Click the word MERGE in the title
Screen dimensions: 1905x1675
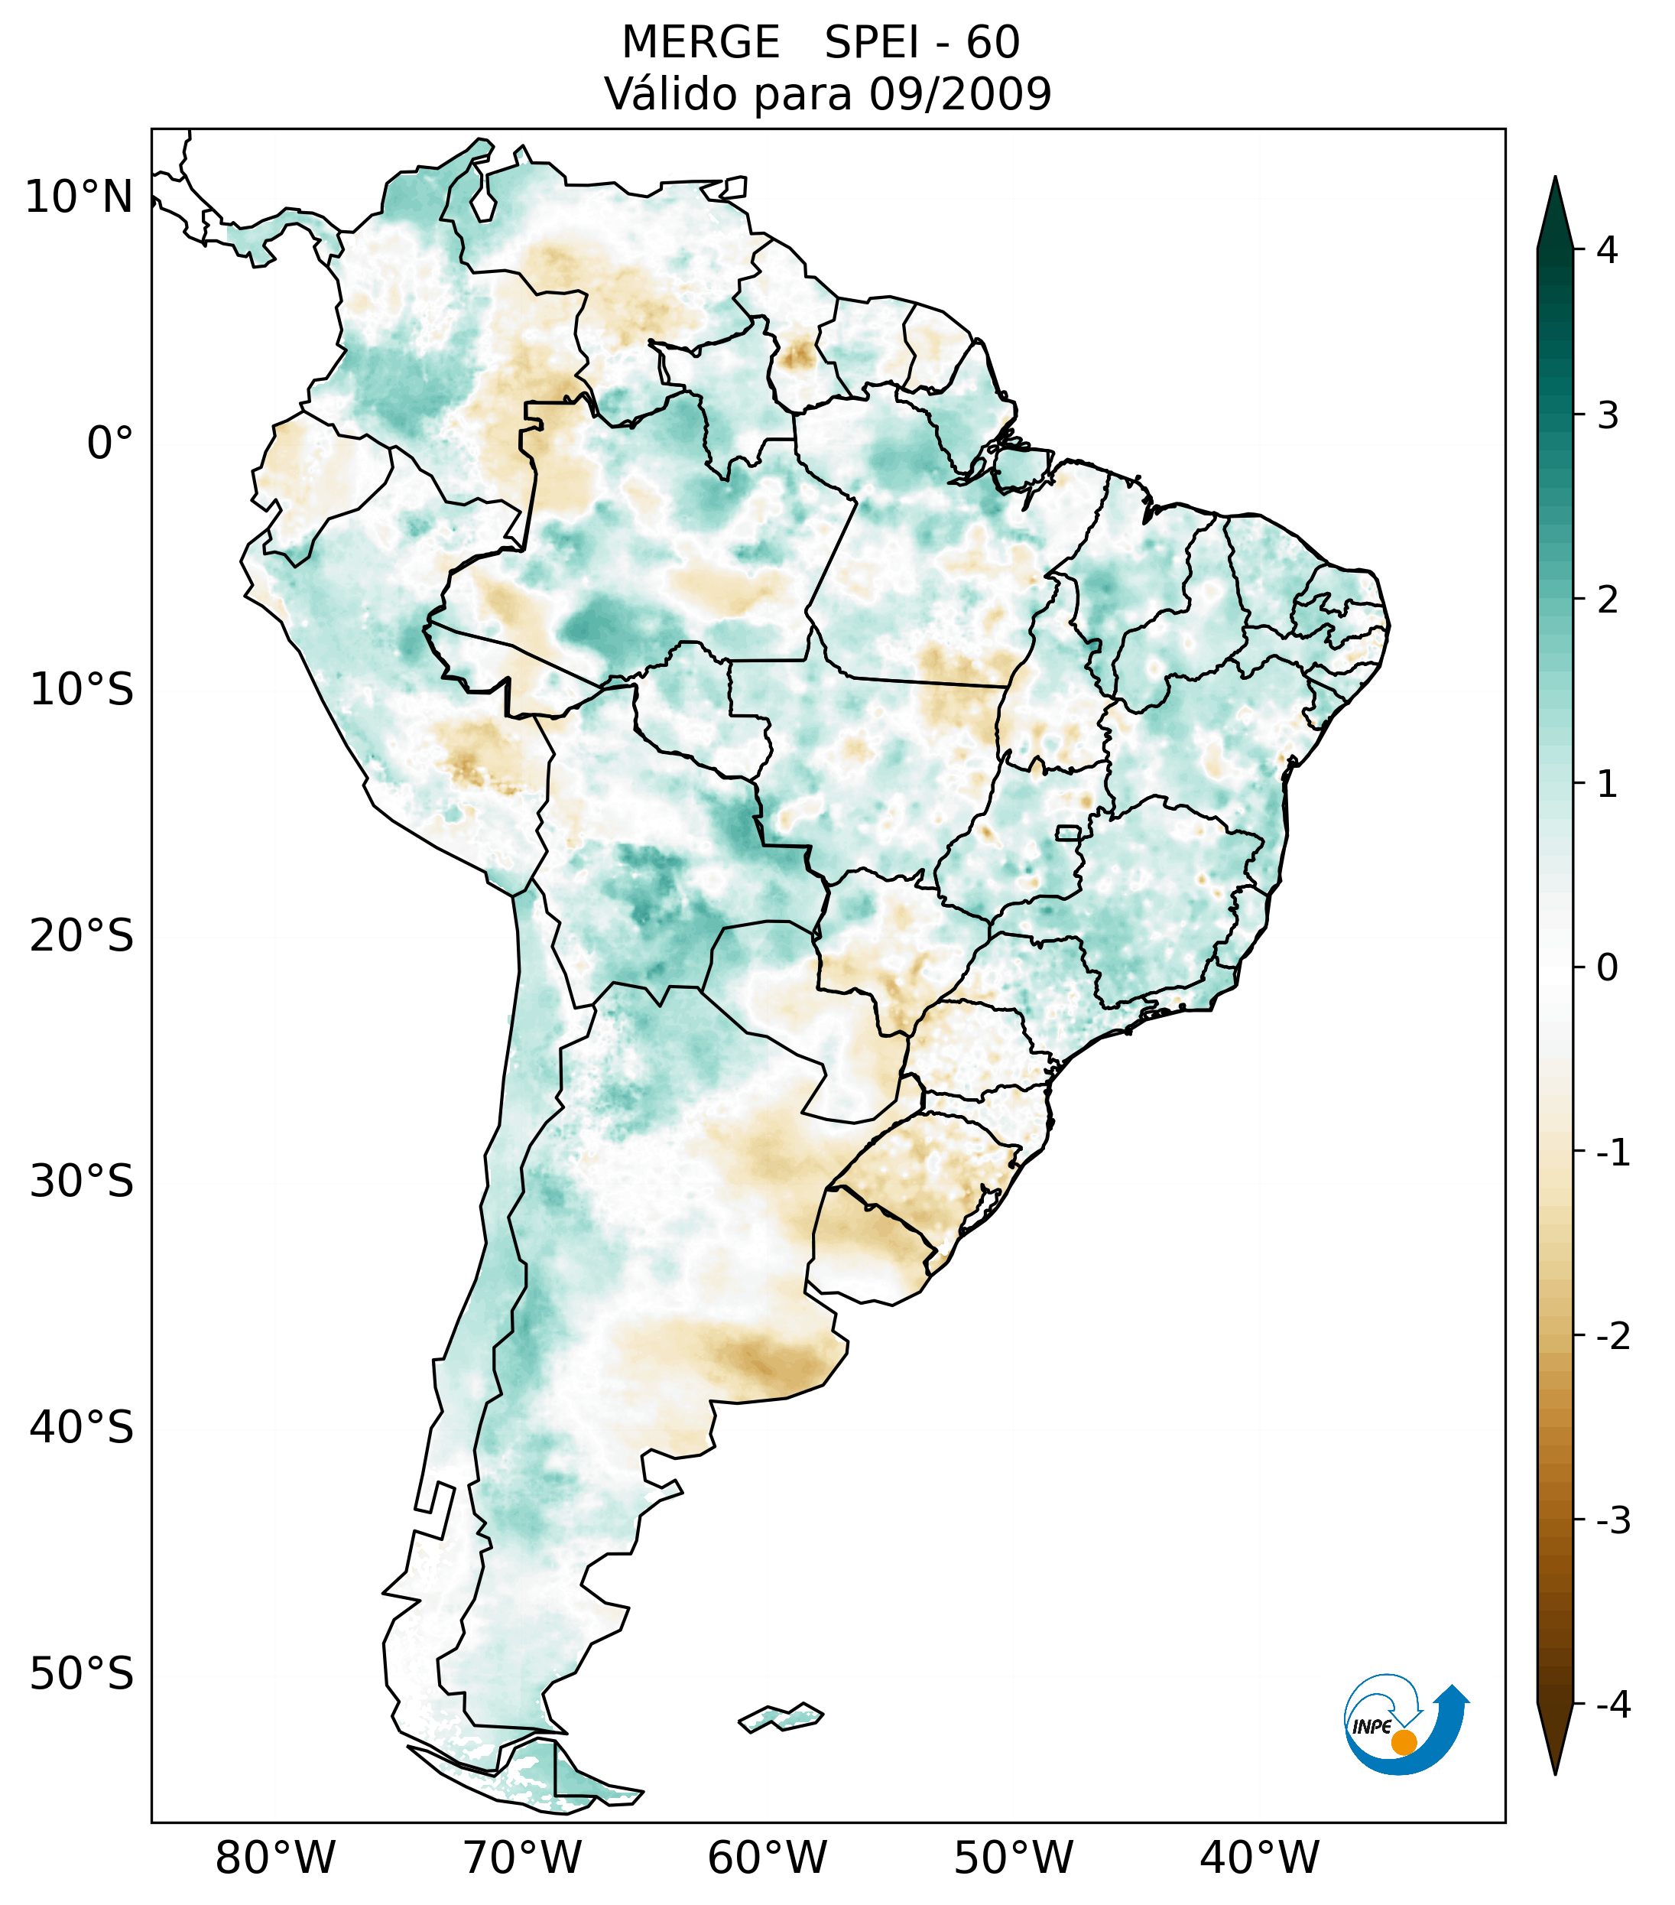coord(700,43)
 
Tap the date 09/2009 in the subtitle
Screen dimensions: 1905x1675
coord(959,94)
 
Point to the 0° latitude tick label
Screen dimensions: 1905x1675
coord(110,444)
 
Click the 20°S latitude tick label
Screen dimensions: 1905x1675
coord(82,936)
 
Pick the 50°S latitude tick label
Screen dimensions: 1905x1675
coord(82,1675)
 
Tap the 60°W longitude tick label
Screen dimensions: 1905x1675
coord(767,1858)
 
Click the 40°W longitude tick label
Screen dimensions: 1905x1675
coord(1260,1858)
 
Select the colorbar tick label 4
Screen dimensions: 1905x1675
coord(1607,250)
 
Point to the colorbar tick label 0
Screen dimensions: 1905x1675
coord(1607,968)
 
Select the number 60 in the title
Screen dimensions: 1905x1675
coord(993,43)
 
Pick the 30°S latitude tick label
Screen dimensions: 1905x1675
coord(82,1182)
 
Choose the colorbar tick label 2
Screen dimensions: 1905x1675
coord(1607,600)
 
